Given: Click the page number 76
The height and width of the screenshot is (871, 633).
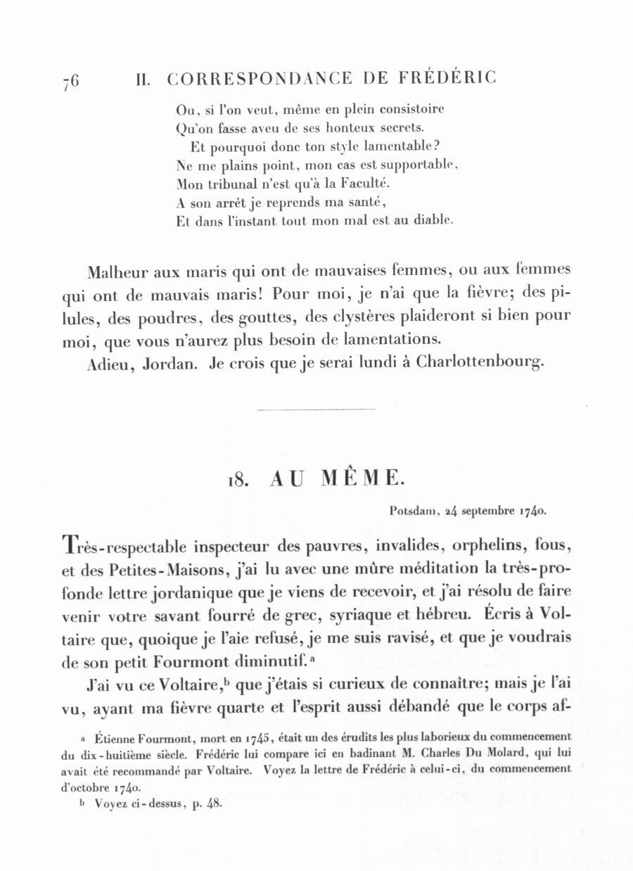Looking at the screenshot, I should (x=70, y=81).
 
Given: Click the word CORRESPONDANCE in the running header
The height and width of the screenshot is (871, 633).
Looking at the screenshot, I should (x=260, y=79).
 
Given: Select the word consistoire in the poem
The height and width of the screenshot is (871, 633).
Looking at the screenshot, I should (x=411, y=110).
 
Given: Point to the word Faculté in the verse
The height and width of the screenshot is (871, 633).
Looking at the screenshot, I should (x=360, y=184).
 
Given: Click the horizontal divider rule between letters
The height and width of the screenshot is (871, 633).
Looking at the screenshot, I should (x=316, y=409).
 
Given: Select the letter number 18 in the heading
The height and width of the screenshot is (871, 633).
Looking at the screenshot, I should (x=236, y=481).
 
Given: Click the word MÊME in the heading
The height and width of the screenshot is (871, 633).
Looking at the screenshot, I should (x=362, y=479).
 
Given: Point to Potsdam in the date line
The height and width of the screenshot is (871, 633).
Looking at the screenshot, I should (x=414, y=511).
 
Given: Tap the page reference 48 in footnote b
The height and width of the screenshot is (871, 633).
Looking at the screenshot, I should (x=214, y=802).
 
